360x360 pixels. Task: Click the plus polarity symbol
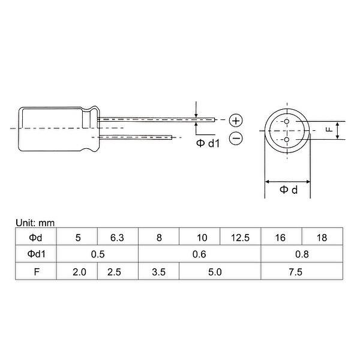click(x=236, y=119)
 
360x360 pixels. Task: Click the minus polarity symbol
click(x=236, y=139)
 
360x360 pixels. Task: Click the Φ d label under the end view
click(x=288, y=191)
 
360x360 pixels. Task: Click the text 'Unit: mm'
click(x=34, y=223)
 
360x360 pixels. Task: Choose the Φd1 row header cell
click(x=35, y=254)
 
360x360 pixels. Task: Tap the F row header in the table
click(x=35, y=271)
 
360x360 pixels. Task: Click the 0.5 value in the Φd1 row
click(x=97, y=254)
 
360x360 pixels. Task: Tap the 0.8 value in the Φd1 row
click(x=301, y=254)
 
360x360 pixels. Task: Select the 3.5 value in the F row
click(x=159, y=271)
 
